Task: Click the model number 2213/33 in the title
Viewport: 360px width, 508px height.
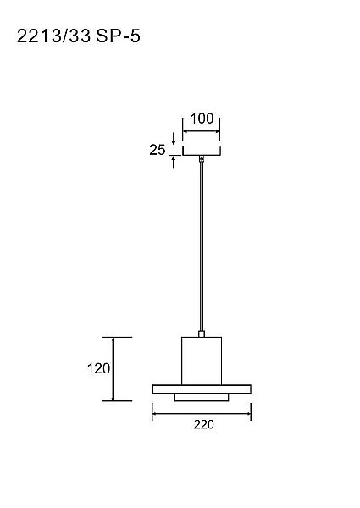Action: coord(54,36)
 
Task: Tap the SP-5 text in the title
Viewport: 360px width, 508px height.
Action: coord(119,36)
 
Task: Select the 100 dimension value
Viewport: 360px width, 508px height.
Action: coord(202,119)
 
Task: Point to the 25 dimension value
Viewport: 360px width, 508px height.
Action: coord(158,150)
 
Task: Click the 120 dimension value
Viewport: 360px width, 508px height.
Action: coord(98,368)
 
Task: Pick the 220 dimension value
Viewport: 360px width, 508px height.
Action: coord(204,424)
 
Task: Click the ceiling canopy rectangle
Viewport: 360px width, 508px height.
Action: coord(202,151)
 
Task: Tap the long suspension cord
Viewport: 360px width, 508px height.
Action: coord(202,246)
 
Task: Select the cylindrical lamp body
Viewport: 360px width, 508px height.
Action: coord(202,361)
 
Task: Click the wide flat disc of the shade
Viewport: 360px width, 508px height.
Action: coord(202,389)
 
